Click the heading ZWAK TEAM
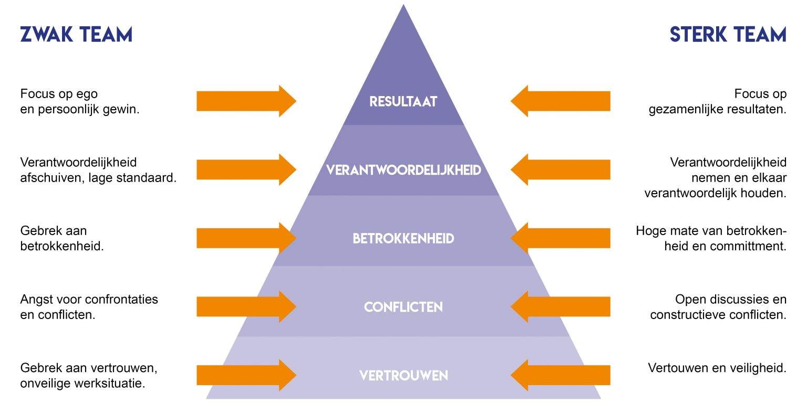pyautogui.click(x=76, y=35)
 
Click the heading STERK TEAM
pyautogui.click(x=728, y=35)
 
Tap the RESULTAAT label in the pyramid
pyautogui.click(x=403, y=101)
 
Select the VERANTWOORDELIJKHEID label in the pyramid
pyautogui.click(x=403, y=171)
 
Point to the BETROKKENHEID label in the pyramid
pyautogui.click(x=403, y=239)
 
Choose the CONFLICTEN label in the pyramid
pyautogui.click(x=403, y=307)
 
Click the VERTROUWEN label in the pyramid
pyautogui.click(x=403, y=376)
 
